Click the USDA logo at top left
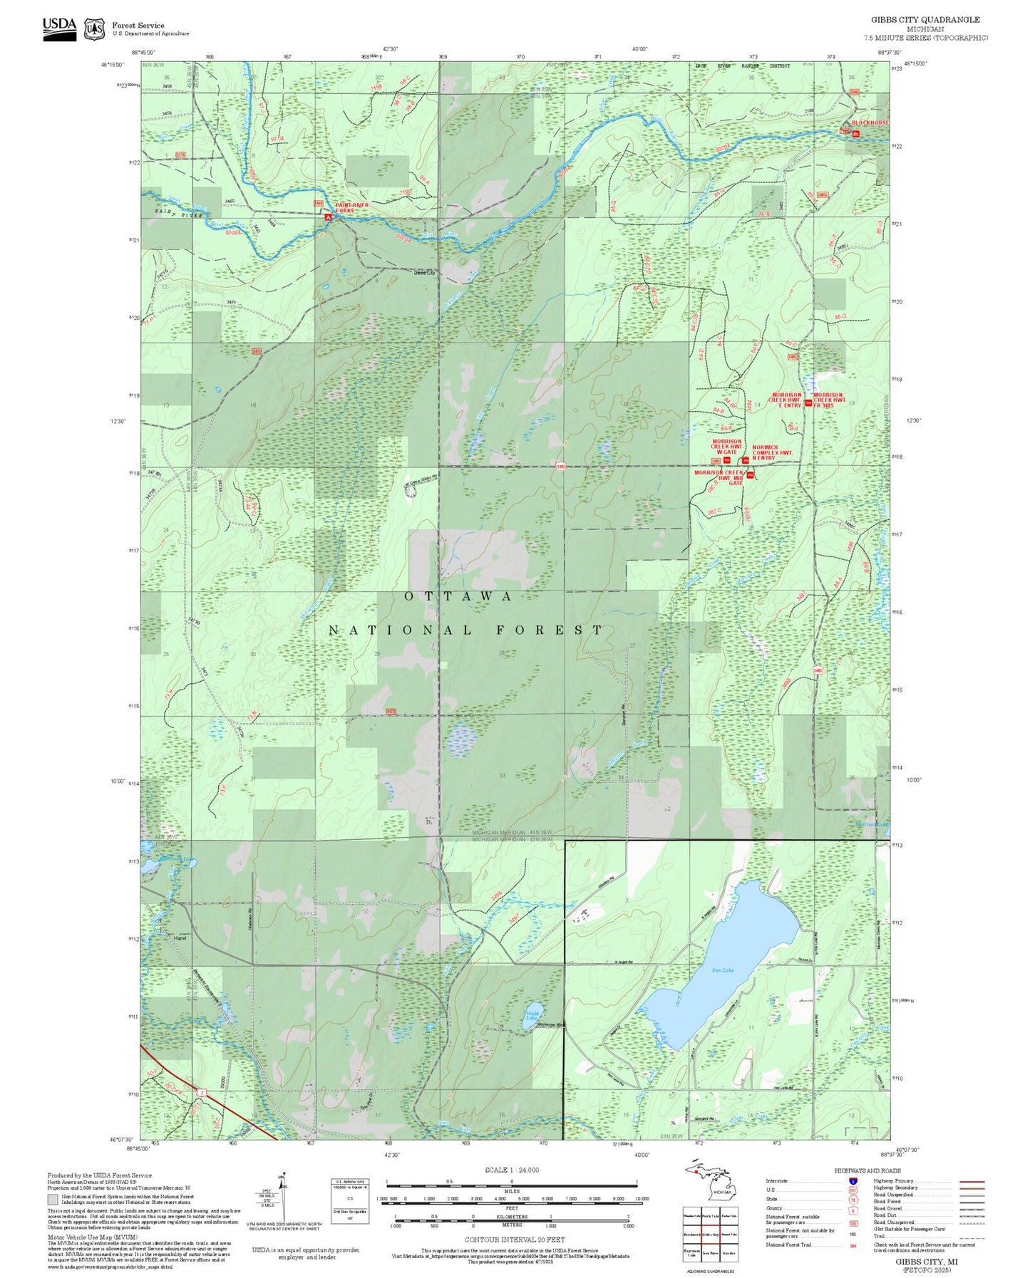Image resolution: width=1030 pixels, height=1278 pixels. (x=59, y=28)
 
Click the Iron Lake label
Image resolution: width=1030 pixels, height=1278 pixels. (x=721, y=970)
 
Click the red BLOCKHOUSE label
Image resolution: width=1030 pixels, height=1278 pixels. (x=870, y=123)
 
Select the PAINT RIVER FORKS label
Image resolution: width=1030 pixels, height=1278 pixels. (x=351, y=208)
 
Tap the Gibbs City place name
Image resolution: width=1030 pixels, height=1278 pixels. (x=424, y=272)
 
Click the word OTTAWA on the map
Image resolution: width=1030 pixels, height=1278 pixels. (x=458, y=596)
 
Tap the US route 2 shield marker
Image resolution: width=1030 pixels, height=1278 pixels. (x=202, y=1091)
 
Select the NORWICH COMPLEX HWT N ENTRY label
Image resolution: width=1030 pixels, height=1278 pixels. (x=772, y=453)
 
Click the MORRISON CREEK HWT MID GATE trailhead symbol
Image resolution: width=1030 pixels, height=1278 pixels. (x=750, y=475)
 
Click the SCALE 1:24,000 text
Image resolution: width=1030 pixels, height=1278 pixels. (x=511, y=1170)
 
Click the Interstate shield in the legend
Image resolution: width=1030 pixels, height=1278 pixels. (x=853, y=1181)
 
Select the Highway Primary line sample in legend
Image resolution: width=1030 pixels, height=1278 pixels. (x=972, y=1181)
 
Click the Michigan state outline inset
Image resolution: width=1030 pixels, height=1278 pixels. (x=709, y=1188)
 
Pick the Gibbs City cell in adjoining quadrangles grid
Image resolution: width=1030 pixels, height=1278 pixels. (x=709, y=1235)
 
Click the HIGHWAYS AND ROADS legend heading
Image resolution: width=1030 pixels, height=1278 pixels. (x=867, y=1170)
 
